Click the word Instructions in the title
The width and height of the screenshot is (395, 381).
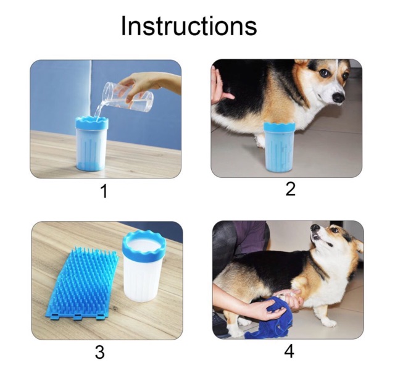coord(189,26)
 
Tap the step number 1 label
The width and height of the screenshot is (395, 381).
coord(104,191)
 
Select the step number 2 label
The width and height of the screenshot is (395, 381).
coord(291,189)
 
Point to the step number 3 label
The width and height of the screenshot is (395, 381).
coord(100,352)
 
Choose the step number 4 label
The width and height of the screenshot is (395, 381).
coord(289,351)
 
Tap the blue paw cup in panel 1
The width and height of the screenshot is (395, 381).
coord(92,144)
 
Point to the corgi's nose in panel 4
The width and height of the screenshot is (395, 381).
coord(314,227)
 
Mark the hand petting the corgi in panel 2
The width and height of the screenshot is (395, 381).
coord(220,86)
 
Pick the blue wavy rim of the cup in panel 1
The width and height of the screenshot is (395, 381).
coord(92,123)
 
